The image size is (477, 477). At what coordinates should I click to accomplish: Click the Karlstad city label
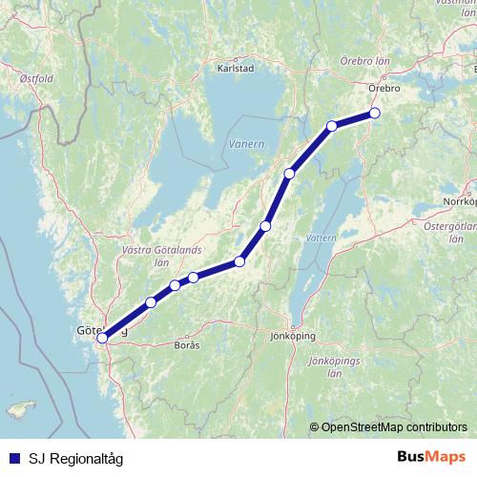coord(236,69)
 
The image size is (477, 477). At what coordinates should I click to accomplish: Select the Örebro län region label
coord(365,60)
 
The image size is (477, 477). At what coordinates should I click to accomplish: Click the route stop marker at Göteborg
coord(102,336)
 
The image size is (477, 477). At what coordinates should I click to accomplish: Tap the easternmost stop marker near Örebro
coord(375,113)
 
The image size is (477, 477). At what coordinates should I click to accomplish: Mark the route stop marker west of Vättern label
coord(265,226)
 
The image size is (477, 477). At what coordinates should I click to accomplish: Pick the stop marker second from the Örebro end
coord(332,126)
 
